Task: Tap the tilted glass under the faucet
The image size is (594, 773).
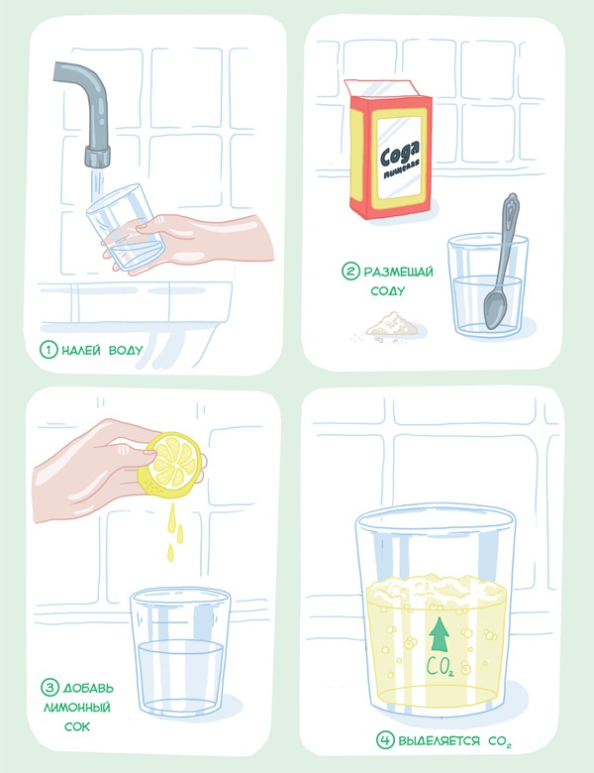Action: [x=125, y=226]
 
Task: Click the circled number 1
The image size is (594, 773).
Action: [x=49, y=350]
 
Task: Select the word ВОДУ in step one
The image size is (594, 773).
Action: [x=126, y=350]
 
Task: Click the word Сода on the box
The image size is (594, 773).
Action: [x=399, y=154]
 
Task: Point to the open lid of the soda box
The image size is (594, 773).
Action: [x=381, y=88]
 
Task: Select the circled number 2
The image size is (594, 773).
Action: [x=350, y=271]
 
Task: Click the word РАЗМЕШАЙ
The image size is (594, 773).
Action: [x=398, y=272]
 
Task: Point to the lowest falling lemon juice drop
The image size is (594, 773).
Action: [x=170, y=552]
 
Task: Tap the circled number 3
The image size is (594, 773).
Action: [x=49, y=687]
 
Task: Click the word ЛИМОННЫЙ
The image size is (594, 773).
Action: [x=77, y=708]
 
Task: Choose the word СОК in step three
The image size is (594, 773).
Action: [x=77, y=726]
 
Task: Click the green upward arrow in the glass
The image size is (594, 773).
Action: [x=439, y=634]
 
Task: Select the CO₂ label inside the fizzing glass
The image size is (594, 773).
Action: [x=440, y=667]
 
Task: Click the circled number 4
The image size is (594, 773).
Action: [x=386, y=739]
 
